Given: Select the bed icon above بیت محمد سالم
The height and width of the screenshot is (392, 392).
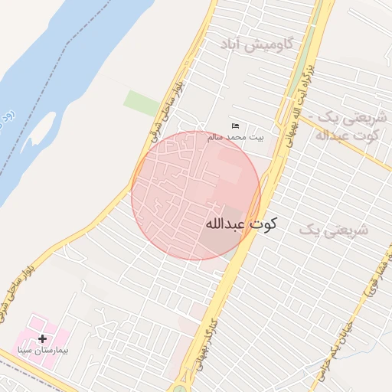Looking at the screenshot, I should [235, 126].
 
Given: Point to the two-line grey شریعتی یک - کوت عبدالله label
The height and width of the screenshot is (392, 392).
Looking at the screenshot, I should [348, 128].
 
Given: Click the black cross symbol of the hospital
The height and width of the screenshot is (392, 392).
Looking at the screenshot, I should [41, 338].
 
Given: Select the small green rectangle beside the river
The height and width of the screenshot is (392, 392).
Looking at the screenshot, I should [142, 103].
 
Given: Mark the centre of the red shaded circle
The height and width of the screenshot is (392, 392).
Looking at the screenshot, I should [196, 195].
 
